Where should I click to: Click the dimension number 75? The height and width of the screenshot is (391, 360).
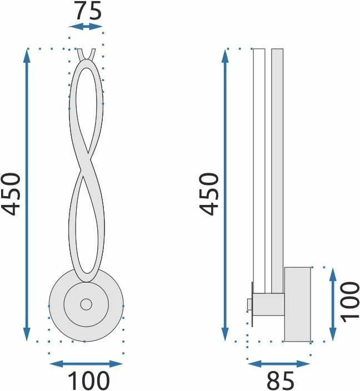(88, 11)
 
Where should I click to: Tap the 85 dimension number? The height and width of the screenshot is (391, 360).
(280, 380)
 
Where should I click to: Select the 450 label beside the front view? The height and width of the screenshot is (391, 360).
(11, 194)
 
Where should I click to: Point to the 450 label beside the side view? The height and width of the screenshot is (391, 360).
(209, 194)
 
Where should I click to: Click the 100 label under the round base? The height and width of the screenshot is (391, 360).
(88, 380)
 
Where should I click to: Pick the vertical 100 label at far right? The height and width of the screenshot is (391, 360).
(350, 302)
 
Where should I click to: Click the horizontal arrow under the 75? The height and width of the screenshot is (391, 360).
(86, 27)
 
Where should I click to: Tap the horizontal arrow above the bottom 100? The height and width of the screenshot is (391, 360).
(86, 364)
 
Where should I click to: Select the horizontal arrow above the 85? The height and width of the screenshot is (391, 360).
(279, 364)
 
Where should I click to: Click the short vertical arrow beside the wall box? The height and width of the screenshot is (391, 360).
(333, 304)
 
